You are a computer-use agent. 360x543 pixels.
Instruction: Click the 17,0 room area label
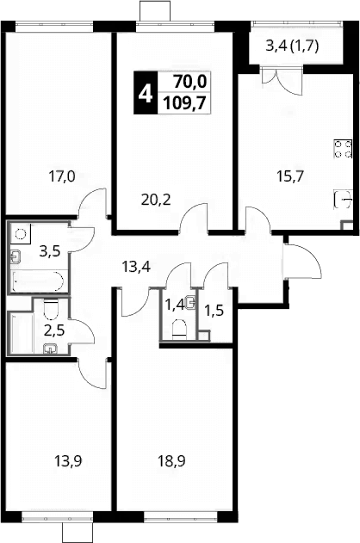click(62, 177)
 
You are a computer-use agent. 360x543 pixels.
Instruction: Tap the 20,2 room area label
click(156, 200)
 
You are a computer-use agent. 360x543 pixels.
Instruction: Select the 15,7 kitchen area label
click(290, 176)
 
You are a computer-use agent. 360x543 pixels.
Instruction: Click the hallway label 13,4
click(136, 267)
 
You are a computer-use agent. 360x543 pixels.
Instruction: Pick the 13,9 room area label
click(68, 461)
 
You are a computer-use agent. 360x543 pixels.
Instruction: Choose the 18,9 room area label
click(171, 461)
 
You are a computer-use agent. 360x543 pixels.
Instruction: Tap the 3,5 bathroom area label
click(50, 251)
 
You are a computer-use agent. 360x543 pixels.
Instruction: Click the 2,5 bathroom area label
click(54, 330)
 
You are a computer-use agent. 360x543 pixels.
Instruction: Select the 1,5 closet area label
click(214, 311)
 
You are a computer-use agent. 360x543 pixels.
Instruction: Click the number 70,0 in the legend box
click(190, 82)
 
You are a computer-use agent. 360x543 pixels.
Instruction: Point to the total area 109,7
click(184, 102)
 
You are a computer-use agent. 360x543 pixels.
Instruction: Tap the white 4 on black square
click(146, 93)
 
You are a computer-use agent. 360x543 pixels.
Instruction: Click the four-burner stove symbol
click(343, 149)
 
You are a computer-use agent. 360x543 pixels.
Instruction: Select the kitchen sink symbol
click(343, 200)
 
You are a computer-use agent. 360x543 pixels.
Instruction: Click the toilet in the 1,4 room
click(179, 328)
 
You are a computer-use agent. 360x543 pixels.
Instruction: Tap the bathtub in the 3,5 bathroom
click(37, 281)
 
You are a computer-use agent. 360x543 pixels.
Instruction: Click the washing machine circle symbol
click(22, 234)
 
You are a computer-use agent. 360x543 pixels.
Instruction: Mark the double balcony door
click(282, 81)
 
